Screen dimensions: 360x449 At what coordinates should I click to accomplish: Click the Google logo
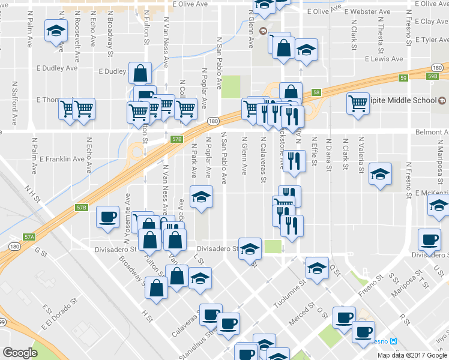point(20,353)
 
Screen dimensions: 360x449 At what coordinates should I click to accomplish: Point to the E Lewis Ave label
point(384,59)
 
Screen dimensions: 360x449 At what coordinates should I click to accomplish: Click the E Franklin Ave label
point(62,159)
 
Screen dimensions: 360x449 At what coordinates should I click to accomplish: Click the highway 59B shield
point(433,77)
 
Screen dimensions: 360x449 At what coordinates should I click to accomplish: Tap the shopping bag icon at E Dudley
point(139,73)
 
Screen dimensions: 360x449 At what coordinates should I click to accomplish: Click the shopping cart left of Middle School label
point(358,103)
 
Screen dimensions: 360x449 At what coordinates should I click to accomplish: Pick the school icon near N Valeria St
point(380,175)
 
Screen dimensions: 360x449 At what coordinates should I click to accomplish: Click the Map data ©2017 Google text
point(412,355)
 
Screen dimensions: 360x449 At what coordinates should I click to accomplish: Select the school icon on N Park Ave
point(202,197)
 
